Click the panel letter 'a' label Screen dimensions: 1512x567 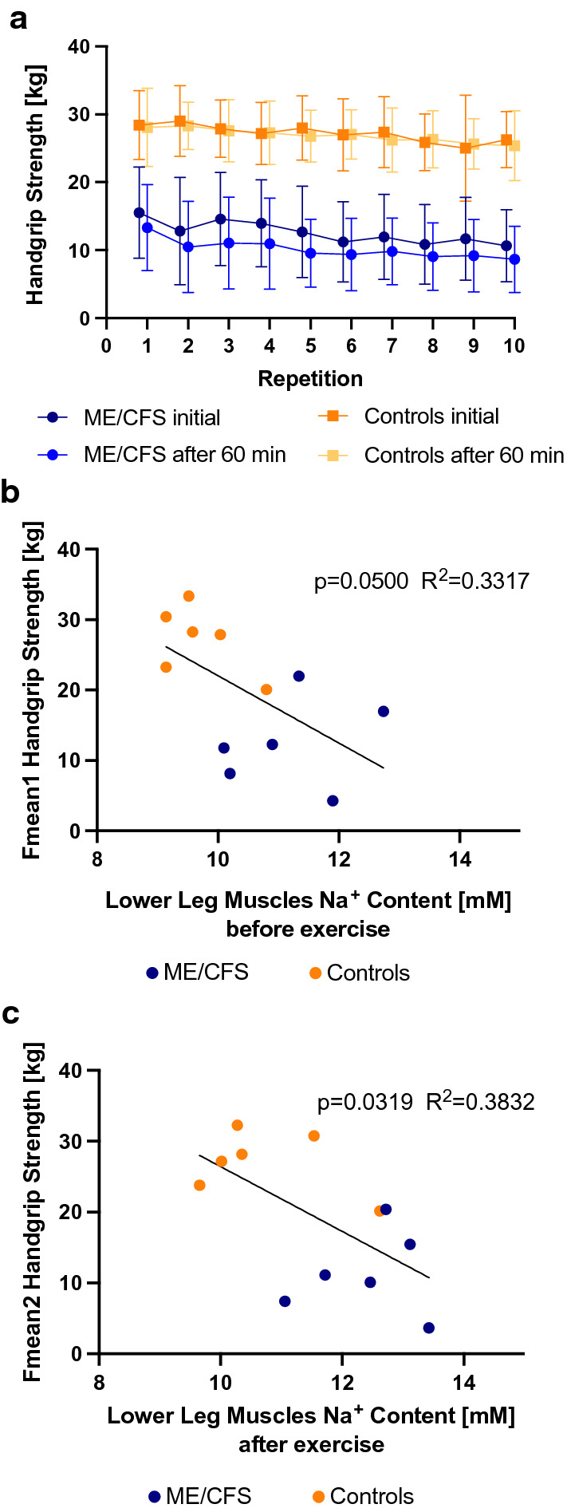18,18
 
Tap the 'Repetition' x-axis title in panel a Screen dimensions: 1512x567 310,378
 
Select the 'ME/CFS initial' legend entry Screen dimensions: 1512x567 152,417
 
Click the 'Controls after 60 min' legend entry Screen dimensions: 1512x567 463,456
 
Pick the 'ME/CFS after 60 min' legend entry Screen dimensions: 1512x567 184,455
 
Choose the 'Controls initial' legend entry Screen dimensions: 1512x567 431,416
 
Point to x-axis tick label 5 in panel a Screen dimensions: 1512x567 310,345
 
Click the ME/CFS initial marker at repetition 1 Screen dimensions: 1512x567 140,213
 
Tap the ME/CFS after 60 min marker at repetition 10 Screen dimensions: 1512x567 514,259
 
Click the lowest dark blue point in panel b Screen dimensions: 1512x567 333,800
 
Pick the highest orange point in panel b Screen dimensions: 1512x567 189,596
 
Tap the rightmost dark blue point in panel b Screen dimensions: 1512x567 384,711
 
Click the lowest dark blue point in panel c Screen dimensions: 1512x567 429,1328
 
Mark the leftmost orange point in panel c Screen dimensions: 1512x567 199,1185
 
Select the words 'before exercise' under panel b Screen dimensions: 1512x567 308,930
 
